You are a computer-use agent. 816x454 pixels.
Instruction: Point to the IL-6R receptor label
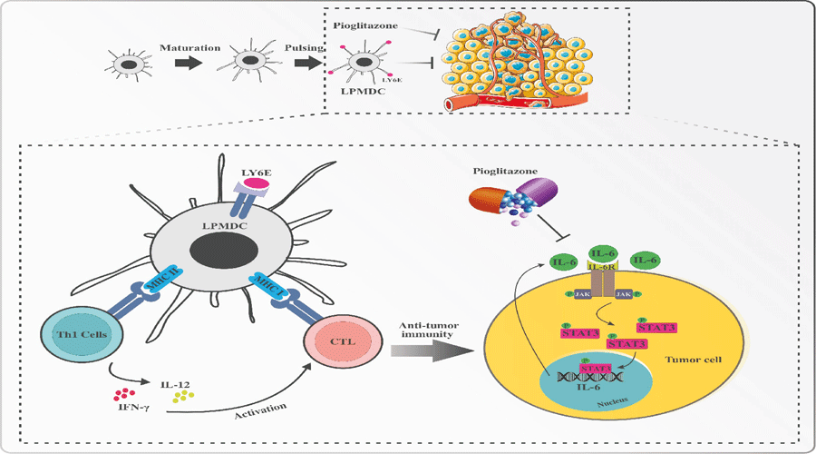click(603, 265)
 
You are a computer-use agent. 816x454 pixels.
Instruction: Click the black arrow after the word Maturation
click(188, 64)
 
